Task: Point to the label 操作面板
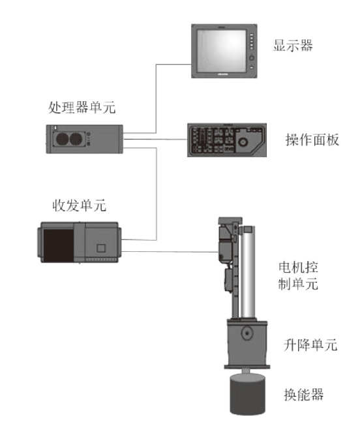[x=312, y=140]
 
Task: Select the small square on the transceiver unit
[x=100, y=248]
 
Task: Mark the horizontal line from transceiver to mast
[x=170, y=252]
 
